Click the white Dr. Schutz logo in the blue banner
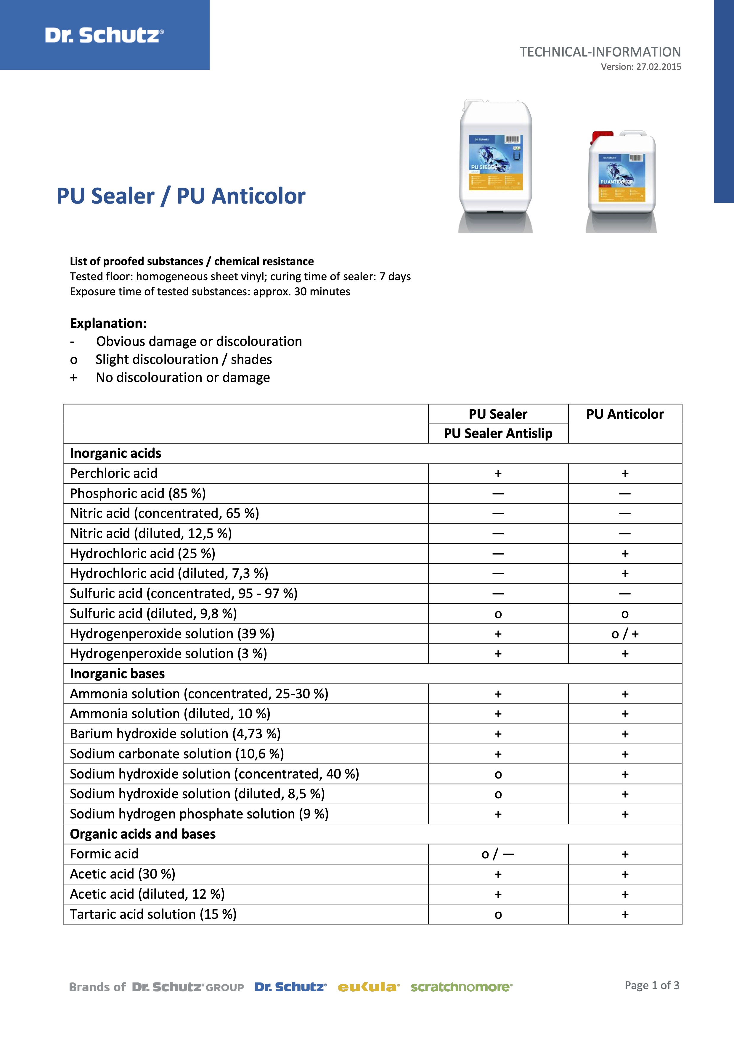pyautogui.click(x=105, y=35)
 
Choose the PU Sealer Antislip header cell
pyautogui.click(x=498, y=433)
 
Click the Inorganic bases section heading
pyautogui.click(x=117, y=674)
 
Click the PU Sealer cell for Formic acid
pyautogui.click(x=498, y=854)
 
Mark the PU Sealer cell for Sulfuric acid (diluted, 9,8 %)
pyautogui.click(x=498, y=614)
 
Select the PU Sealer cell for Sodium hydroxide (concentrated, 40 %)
pyautogui.click(x=498, y=774)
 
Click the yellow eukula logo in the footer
pyautogui.click(x=369, y=987)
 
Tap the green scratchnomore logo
pyautogui.click(x=461, y=987)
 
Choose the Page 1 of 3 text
pyautogui.click(x=652, y=986)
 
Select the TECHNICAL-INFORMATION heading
pyautogui.click(x=600, y=52)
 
